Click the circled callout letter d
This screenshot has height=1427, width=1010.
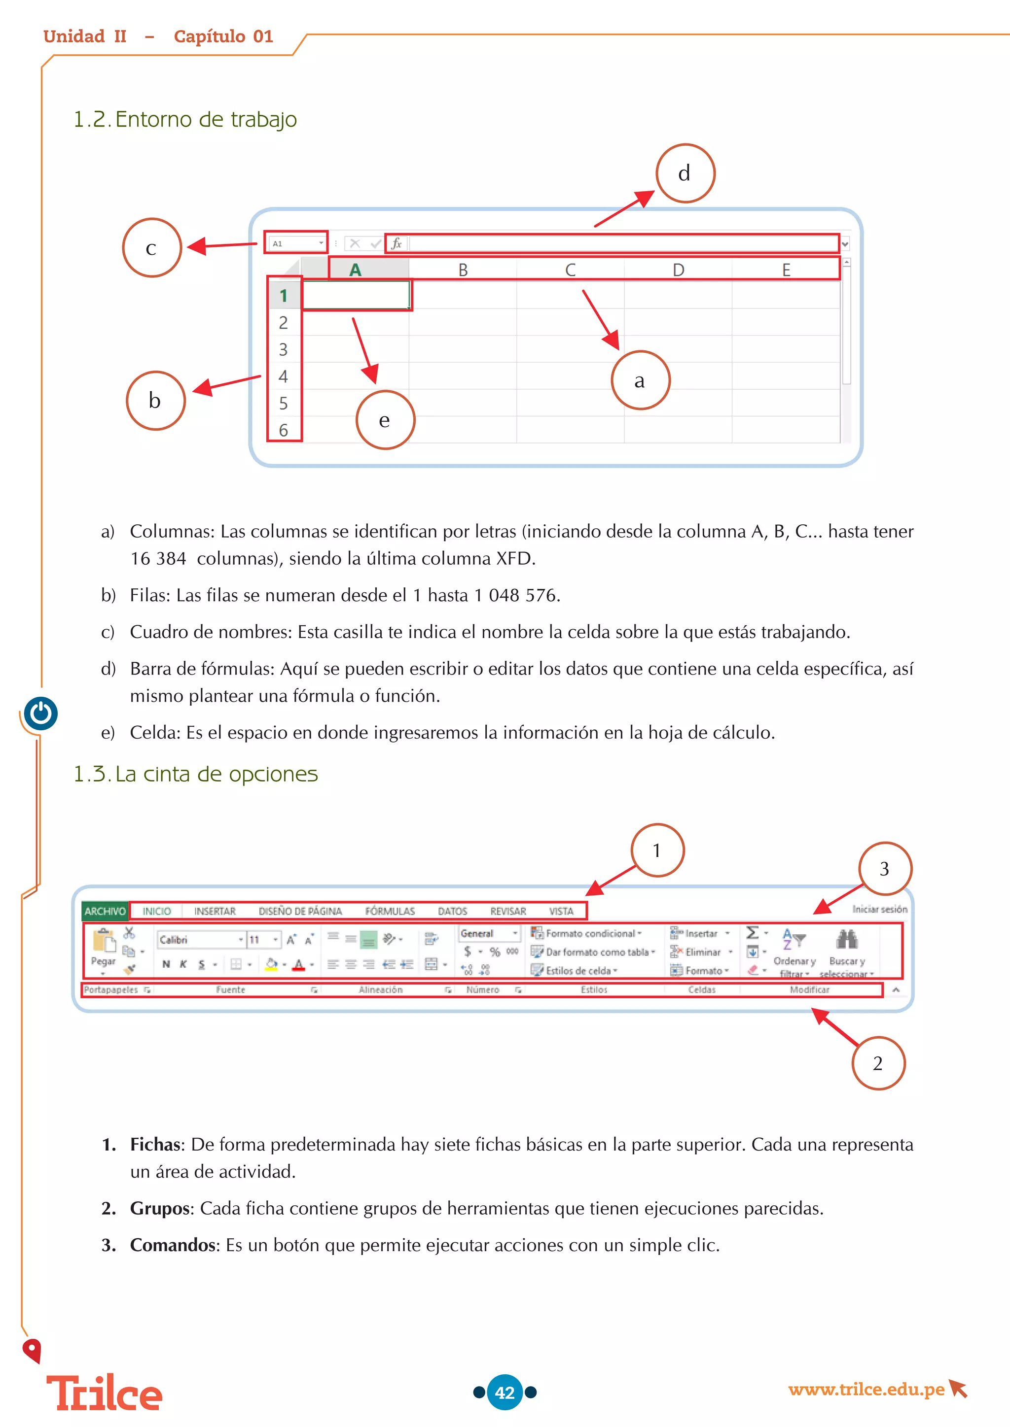(685, 173)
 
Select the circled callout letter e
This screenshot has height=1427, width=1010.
(385, 420)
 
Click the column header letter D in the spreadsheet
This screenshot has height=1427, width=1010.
(678, 270)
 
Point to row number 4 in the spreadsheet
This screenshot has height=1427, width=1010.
(284, 376)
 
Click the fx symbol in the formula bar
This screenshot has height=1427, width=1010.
(396, 243)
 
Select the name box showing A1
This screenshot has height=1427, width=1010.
(296, 243)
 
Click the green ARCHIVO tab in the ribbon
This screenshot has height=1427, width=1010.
(105, 911)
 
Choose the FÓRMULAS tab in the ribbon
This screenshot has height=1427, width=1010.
(389, 911)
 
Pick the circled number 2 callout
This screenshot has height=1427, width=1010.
(877, 1063)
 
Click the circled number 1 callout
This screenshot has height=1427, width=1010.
(657, 850)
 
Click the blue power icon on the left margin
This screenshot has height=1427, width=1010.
(41, 713)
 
